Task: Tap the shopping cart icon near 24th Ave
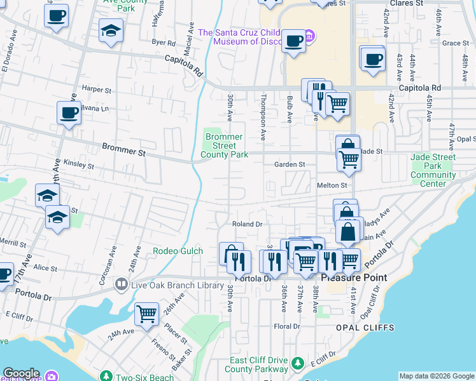(147, 314)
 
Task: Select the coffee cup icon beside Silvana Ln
(69, 114)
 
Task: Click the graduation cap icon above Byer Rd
(111, 30)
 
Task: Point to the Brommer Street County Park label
(223, 145)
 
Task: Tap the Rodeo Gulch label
(178, 251)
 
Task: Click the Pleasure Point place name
(353, 278)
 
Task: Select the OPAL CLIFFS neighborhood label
(365, 328)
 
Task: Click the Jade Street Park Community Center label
(433, 170)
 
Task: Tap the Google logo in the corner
(21, 373)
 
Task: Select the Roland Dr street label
(247, 224)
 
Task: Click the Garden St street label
(290, 164)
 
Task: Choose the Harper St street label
(96, 90)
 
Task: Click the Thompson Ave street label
(262, 117)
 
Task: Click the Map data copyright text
(436, 376)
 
